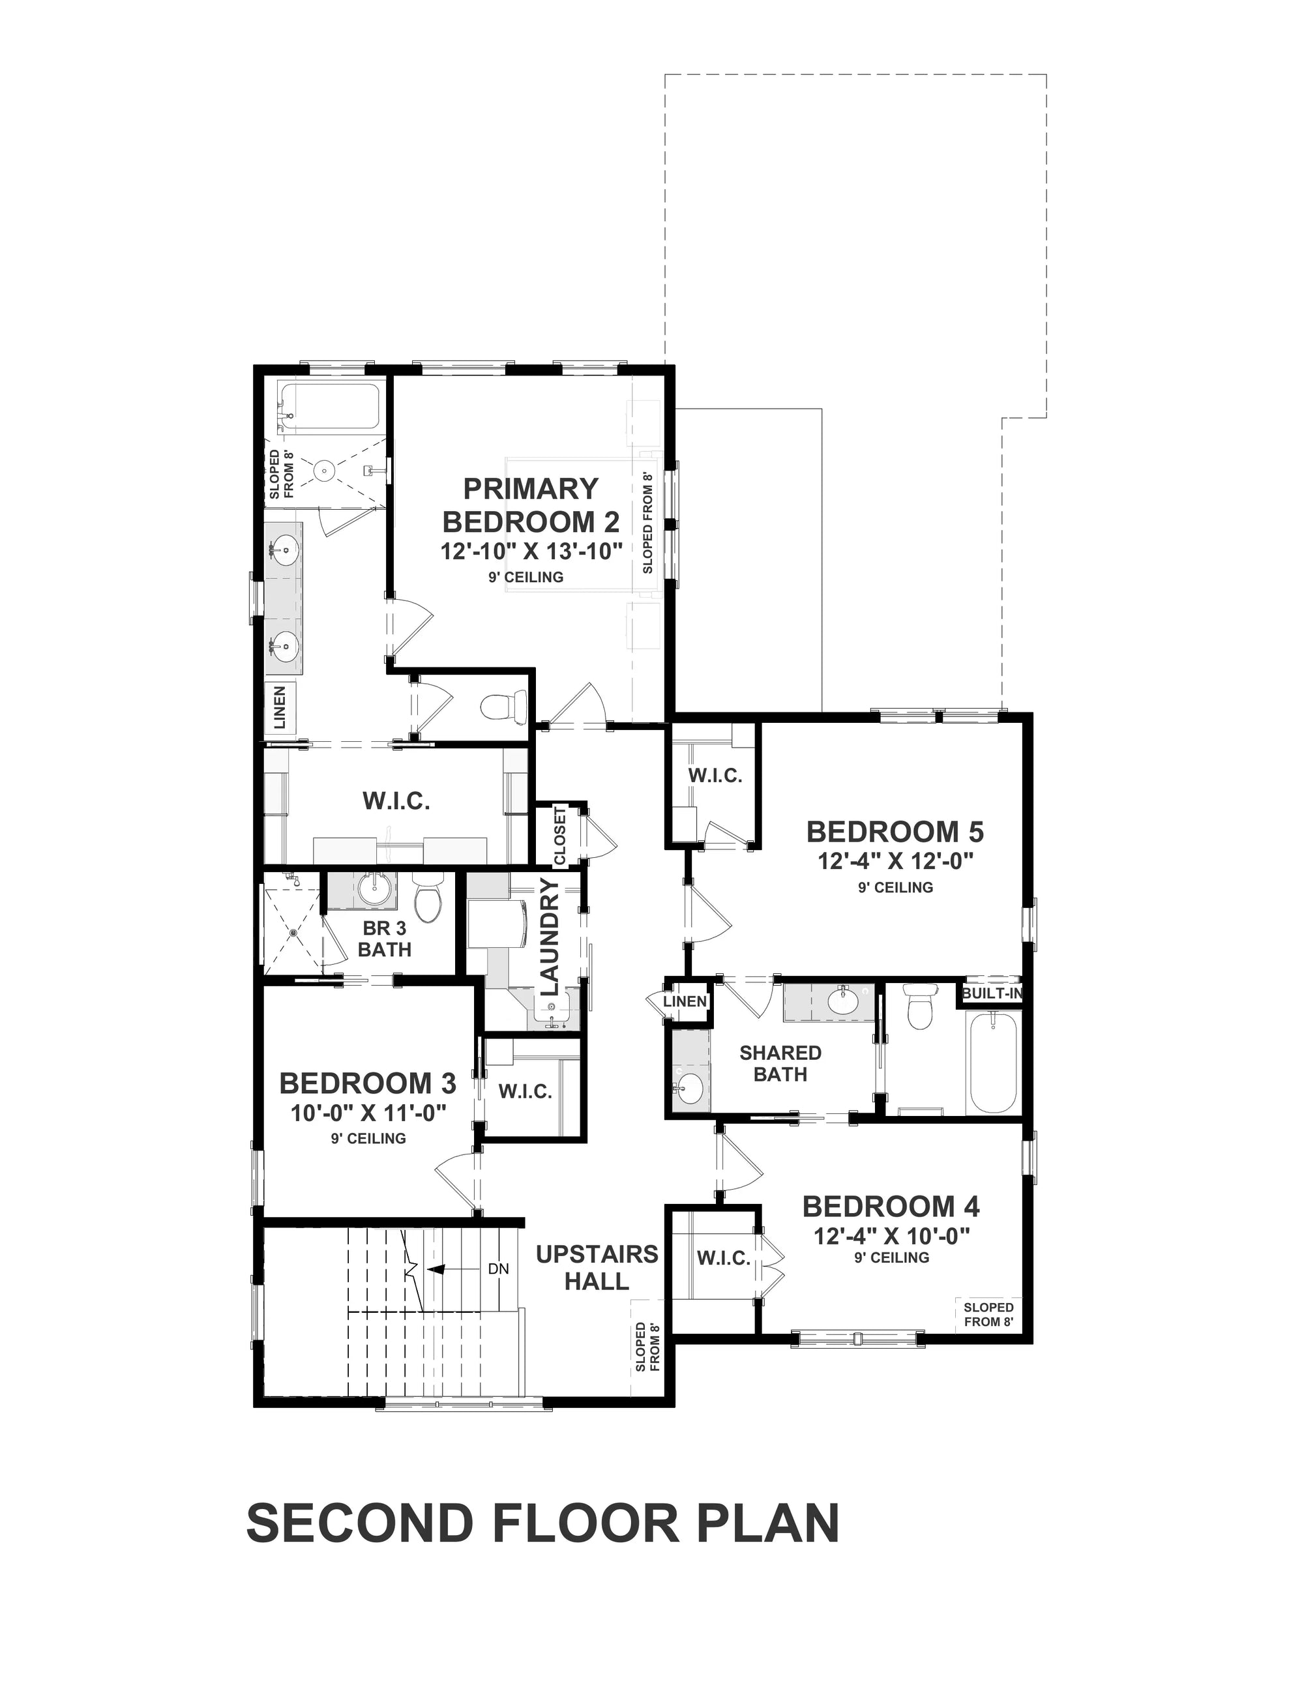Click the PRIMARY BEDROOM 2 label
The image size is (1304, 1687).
pyautogui.click(x=531, y=505)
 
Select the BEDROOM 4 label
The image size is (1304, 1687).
pyautogui.click(x=891, y=1206)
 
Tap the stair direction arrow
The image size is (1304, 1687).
pyautogui.click(x=437, y=1269)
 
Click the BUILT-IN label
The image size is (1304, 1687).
pyautogui.click(x=992, y=993)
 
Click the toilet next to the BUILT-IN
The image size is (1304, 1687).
pyautogui.click(x=920, y=1007)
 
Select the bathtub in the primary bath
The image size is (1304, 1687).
pyautogui.click(x=329, y=406)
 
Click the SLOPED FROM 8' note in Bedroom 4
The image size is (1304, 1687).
pyautogui.click(x=988, y=1314)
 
